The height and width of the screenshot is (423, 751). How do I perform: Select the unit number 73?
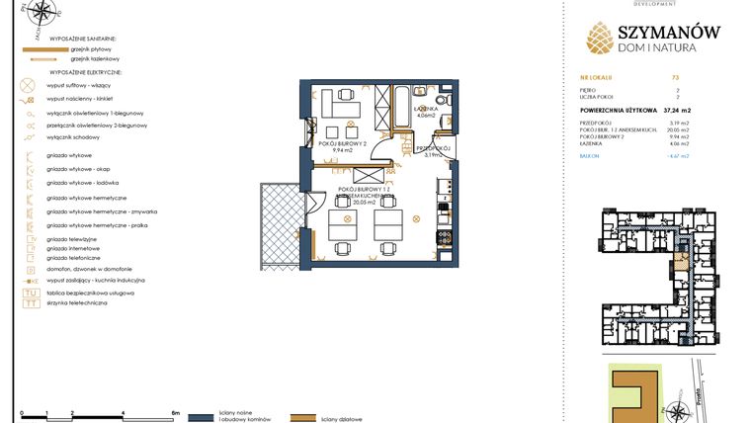pyautogui.click(x=675, y=76)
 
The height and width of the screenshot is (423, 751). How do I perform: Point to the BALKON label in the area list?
pyautogui.click(x=591, y=155)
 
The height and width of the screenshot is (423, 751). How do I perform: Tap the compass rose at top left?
pyautogui.click(x=40, y=13)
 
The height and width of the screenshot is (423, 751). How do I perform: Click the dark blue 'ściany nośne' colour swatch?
pyautogui.click(x=201, y=418)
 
